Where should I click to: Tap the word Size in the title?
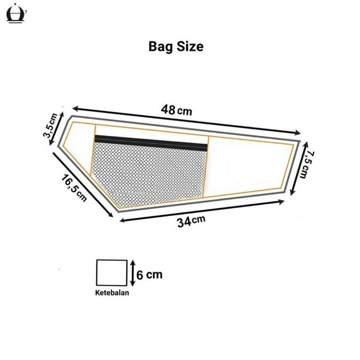189,47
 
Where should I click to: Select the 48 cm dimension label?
176,111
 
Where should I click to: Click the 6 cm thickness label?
149,275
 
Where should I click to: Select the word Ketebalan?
112,293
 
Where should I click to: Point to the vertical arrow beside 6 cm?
132,274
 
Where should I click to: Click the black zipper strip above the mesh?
151,142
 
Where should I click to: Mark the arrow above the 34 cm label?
202,209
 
